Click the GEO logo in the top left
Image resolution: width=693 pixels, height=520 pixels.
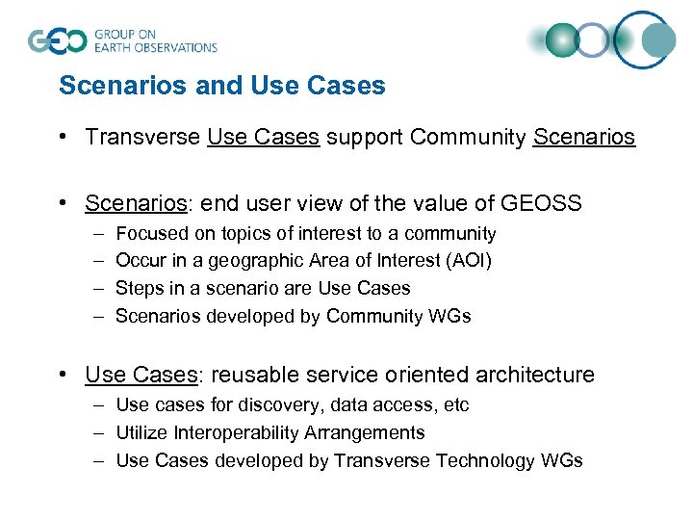tap(58, 40)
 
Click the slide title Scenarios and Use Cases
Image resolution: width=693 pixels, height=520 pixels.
tap(221, 86)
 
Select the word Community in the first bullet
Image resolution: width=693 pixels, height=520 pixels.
tap(468, 137)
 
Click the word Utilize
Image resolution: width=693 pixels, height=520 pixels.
tap(141, 433)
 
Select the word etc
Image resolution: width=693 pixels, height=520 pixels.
tap(455, 405)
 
